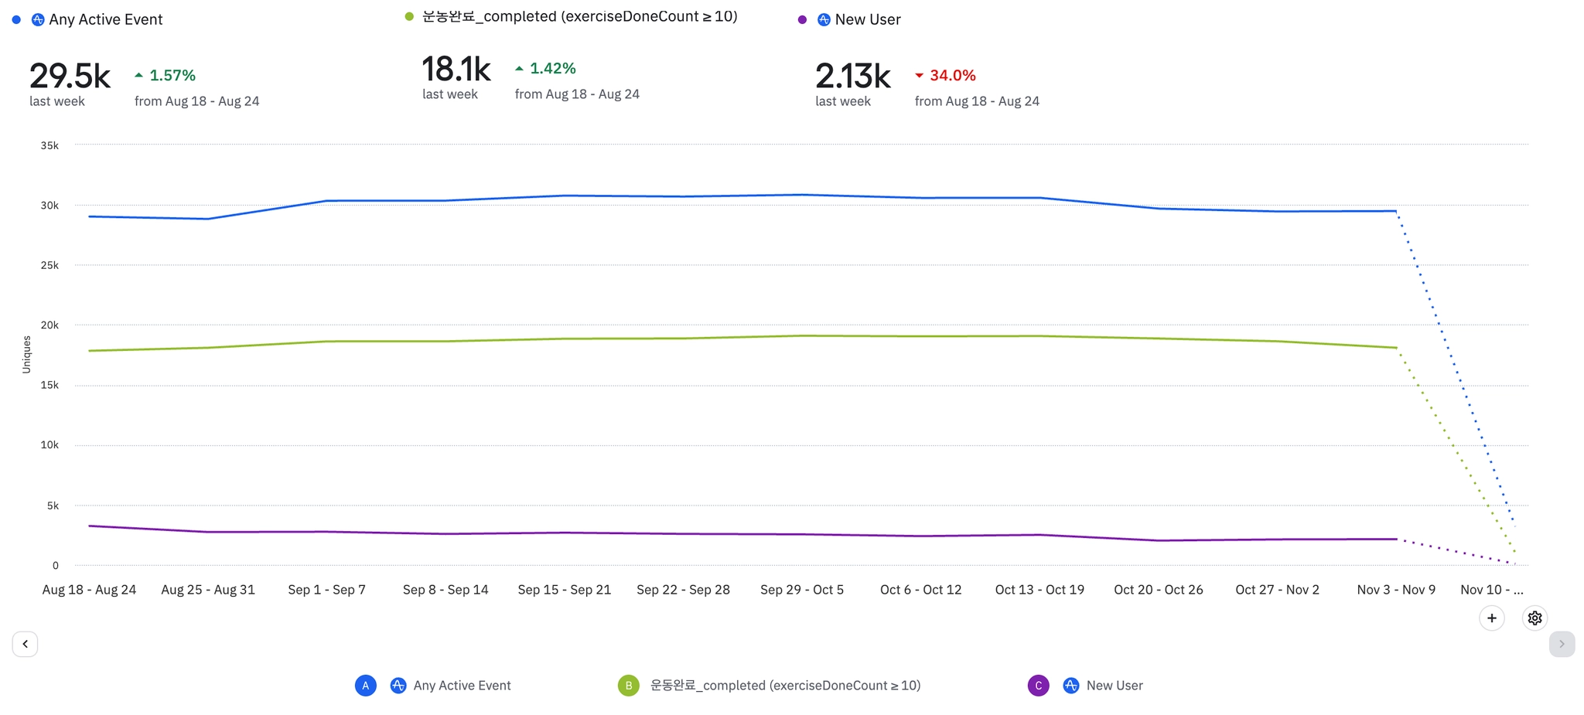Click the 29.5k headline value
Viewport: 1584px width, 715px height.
(70, 77)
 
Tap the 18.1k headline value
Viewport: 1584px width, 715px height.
(456, 70)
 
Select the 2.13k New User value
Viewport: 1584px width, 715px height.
(852, 77)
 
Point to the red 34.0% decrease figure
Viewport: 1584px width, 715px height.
(952, 76)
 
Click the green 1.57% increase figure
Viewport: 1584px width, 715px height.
(172, 76)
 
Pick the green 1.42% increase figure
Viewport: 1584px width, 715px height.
(552, 69)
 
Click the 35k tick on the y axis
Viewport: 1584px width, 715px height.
(49, 145)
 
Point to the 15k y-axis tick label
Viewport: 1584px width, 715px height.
(49, 385)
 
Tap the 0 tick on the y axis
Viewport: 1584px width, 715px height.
(55, 565)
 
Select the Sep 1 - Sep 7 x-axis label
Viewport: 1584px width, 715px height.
(326, 590)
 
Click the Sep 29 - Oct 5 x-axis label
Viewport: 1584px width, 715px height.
(801, 590)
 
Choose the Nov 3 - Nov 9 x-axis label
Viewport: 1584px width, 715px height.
(1395, 590)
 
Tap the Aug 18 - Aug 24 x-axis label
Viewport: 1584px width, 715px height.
(89, 590)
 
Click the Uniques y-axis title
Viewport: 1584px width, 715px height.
(26, 355)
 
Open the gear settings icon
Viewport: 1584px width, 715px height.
(1534, 618)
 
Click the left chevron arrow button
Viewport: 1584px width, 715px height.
(25, 644)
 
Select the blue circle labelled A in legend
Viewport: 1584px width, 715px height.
(366, 686)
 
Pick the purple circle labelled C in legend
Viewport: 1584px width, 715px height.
(1038, 686)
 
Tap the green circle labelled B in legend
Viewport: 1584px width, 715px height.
(629, 686)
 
